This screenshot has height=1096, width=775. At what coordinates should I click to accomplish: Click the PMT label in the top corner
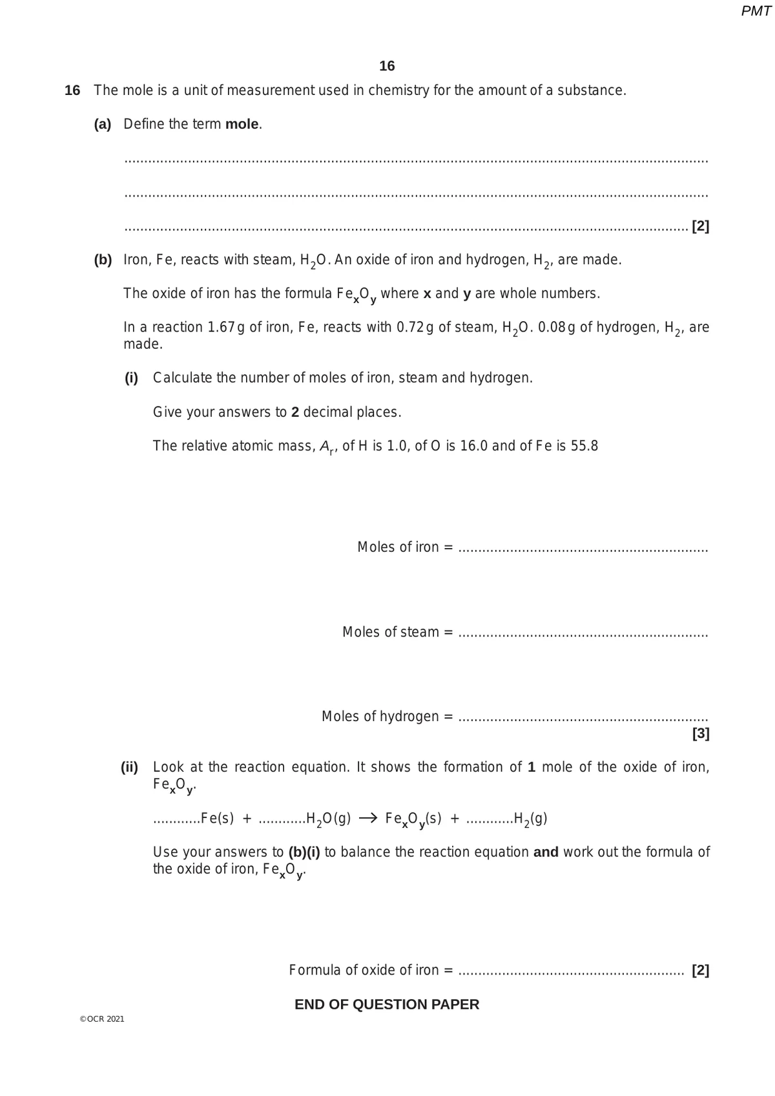[x=756, y=11]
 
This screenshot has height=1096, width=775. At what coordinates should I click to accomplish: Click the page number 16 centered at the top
[x=387, y=66]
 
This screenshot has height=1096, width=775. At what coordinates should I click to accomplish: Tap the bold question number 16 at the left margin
[x=72, y=90]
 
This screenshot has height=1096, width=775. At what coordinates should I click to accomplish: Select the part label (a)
[x=103, y=124]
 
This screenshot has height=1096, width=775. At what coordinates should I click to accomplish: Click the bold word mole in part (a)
[x=242, y=124]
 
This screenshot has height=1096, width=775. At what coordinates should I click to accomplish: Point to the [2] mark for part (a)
[x=700, y=226]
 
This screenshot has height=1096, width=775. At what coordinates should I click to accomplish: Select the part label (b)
[x=103, y=260]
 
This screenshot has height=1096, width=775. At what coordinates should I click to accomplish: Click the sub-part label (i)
[x=131, y=378]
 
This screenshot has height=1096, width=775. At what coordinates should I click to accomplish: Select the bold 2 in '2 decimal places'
[x=295, y=412]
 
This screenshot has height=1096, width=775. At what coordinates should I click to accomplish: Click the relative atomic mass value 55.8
[x=584, y=446]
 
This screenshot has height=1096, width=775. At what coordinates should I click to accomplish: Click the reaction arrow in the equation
[x=367, y=818]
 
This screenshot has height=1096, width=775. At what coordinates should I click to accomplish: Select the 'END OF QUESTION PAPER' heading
[x=387, y=1004]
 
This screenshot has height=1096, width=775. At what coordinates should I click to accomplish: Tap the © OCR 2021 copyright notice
[x=102, y=1019]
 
